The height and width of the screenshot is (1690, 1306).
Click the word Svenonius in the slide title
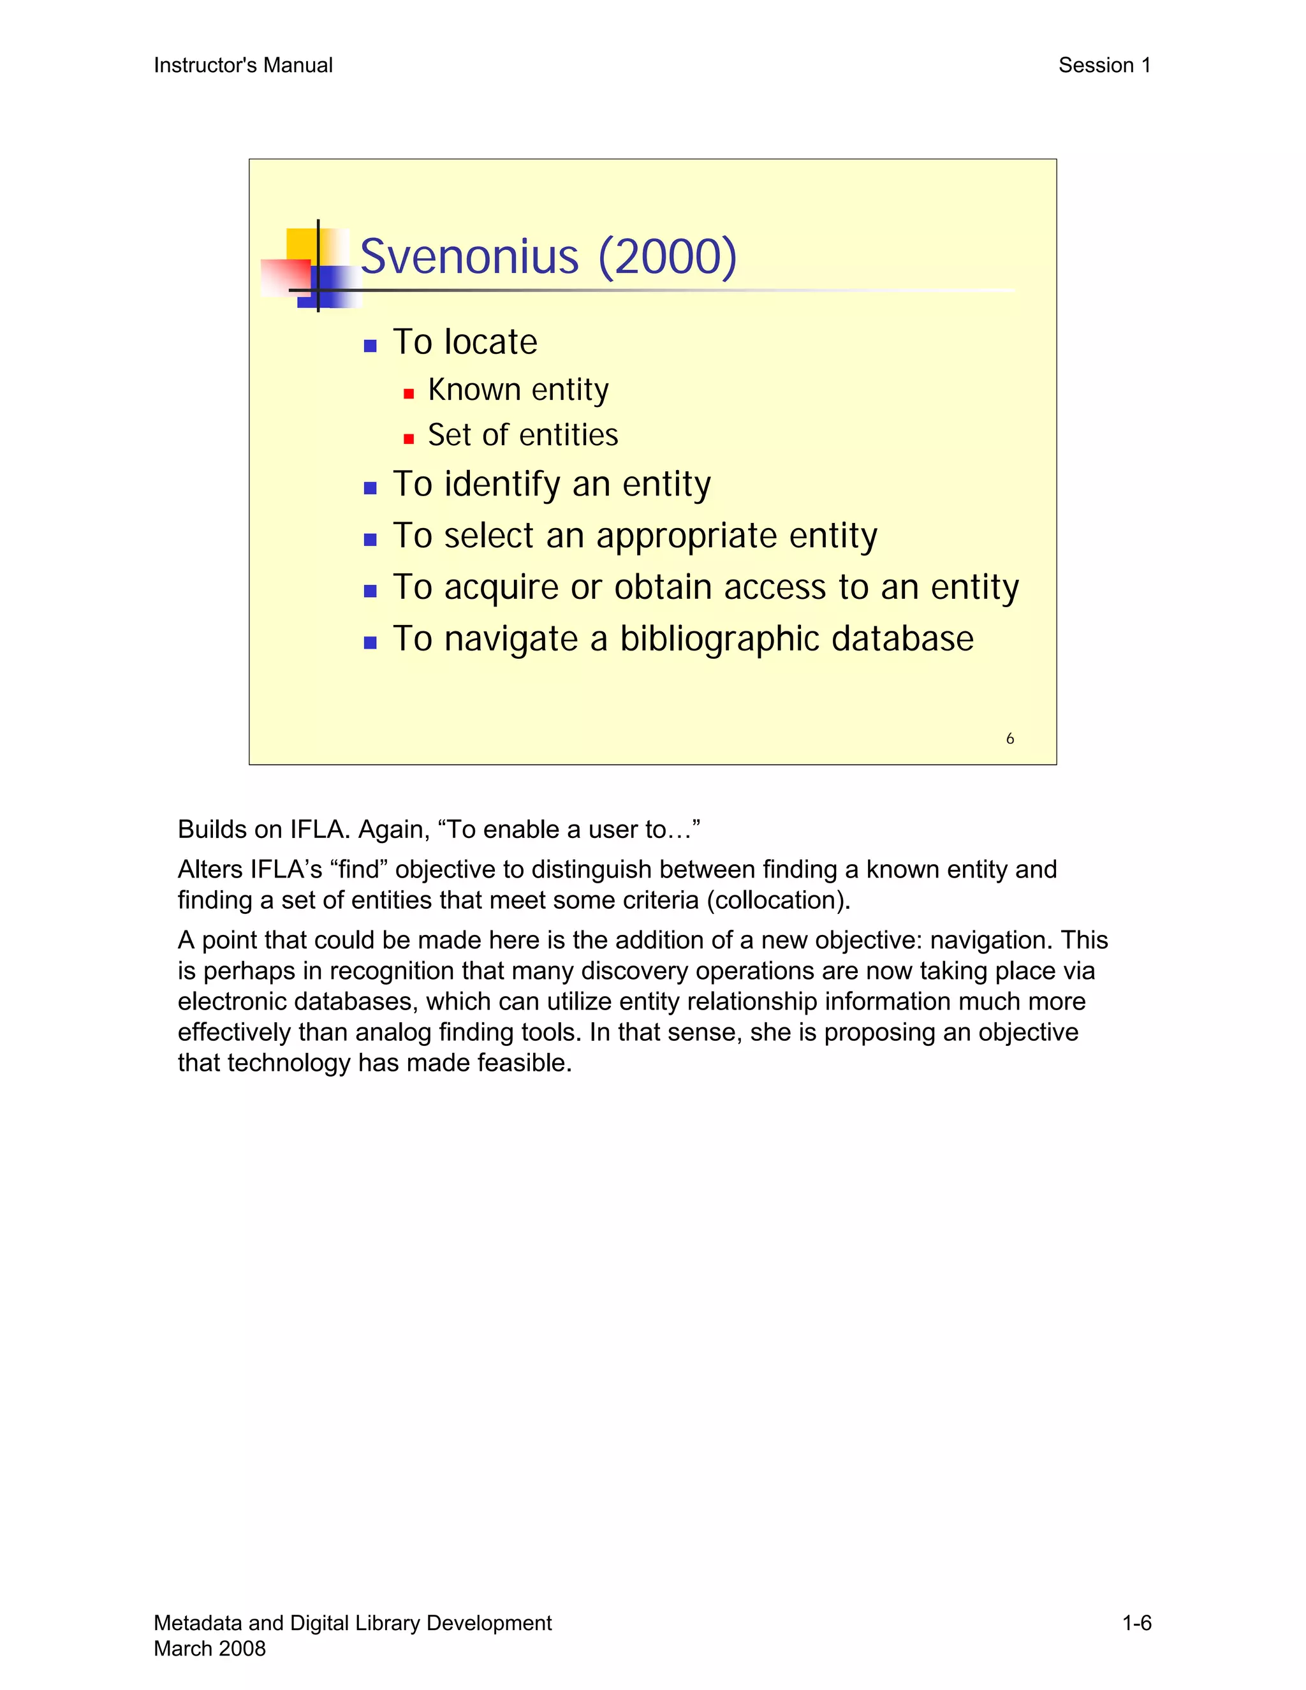pyautogui.click(x=469, y=257)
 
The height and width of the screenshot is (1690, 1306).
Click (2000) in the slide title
pyautogui.click(x=667, y=257)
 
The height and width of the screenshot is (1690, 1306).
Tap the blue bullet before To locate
pyautogui.click(x=370, y=346)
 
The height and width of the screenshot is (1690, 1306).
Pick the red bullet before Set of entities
pyautogui.click(x=409, y=439)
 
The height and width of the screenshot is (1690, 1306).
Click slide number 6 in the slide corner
pyautogui.click(x=1009, y=739)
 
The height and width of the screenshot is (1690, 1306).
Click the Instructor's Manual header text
pyautogui.click(x=243, y=66)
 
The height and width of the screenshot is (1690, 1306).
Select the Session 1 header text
pyautogui.click(x=1104, y=66)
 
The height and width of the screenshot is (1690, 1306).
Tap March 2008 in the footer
pyautogui.click(x=210, y=1648)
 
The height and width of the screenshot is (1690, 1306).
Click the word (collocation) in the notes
pyautogui.click(x=777, y=900)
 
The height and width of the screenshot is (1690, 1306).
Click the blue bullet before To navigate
pyautogui.click(x=370, y=642)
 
